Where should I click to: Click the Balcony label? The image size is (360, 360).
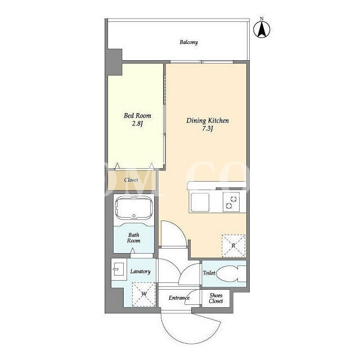(x=188, y=42)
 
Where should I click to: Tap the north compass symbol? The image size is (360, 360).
(x=262, y=28)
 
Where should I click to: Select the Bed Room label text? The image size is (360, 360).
(x=137, y=115)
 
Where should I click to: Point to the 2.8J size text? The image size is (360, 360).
(x=137, y=124)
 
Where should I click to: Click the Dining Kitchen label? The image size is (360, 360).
(x=208, y=120)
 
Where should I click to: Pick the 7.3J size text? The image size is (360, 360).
(x=208, y=129)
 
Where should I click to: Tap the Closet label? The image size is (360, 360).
(x=131, y=180)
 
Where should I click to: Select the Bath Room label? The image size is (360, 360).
(x=134, y=238)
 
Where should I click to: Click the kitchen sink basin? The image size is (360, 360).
(x=200, y=202)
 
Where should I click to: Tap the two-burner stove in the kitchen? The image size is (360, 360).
(x=231, y=202)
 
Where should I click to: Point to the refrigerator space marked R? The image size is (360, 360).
(x=233, y=246)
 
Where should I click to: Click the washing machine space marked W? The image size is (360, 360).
(x=144, y=294)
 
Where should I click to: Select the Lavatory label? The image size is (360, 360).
(x=140, y=271)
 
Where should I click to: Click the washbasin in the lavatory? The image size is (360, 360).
(x=119, y=269)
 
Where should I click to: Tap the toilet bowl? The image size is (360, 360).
(x=231, y=273)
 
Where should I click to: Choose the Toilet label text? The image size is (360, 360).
(x=209, y=273)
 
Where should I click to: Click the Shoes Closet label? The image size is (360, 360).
(x=216, y=298)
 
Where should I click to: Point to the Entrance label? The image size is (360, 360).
(x=179, y=298)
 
